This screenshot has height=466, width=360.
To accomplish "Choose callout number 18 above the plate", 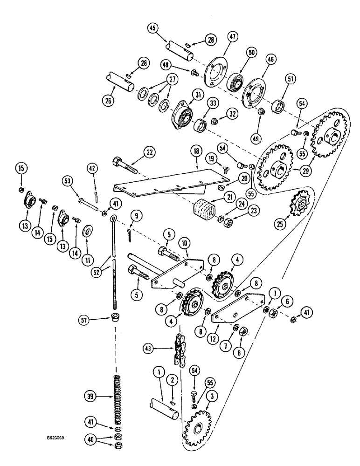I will click(x=195, y=152).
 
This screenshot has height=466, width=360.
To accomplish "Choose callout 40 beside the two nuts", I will click(x=91, y=439).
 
